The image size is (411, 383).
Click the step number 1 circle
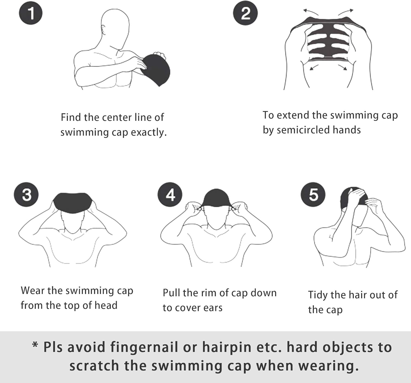pos(31,13)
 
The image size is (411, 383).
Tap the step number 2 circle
pos(246,13)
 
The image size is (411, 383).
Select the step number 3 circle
pos(26,194)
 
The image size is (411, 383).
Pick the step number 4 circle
pos(170,194)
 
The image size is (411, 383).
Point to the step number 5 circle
pos(313,194)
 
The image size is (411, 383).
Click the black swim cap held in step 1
pos(156,69)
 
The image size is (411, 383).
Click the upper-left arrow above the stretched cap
pos(310,12)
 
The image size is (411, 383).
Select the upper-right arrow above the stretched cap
pos(346,12)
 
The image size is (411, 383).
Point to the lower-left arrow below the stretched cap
pos(314,67)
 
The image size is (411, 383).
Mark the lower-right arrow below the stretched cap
pos(342,67)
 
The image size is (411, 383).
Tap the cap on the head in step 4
pos(216,198)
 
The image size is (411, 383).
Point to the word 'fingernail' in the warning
pos(144,347)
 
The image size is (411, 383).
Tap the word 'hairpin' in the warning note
pos(227,347)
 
